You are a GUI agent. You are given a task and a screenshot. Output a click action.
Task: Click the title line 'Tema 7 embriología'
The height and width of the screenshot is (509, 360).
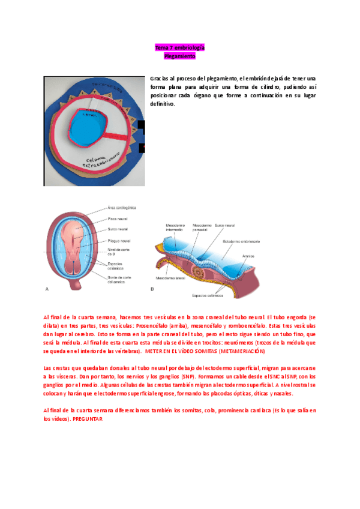(180, 47)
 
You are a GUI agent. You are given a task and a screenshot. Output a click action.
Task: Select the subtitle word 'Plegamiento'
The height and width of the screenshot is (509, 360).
(180, 56)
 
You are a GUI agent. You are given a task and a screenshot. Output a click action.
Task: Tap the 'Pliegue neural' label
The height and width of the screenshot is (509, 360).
(120, 240)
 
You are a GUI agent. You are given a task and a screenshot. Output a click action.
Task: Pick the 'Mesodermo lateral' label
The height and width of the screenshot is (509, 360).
(170, 279)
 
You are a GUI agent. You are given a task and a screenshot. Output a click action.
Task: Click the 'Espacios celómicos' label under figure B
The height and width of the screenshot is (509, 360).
(208, 295)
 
